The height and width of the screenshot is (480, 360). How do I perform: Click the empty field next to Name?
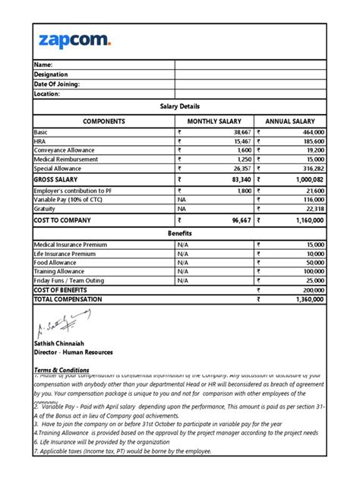coord(251,65)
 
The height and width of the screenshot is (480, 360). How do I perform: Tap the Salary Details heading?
coord(179,106)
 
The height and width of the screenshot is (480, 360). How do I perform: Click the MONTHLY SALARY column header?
coord(215,121)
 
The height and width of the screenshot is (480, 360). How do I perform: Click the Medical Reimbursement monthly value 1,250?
coord(241,159)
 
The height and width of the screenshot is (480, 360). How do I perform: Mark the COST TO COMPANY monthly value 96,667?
coord(238,219)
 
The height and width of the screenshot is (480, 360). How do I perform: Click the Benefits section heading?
coord(179,232)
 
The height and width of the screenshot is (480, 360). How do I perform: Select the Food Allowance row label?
coord(58,262)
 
